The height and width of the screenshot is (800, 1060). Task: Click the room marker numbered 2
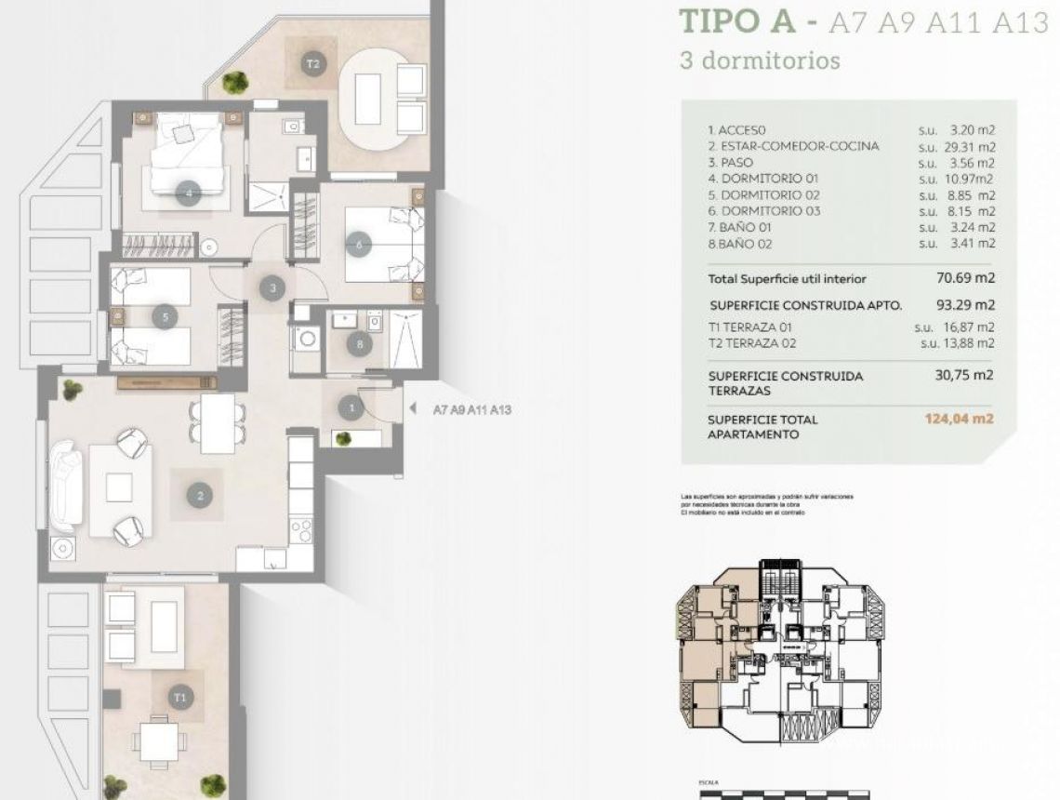coord(200,496)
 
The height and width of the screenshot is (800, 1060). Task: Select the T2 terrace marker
coord(313,64)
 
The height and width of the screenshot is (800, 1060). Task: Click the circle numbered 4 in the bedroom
coord(189,194)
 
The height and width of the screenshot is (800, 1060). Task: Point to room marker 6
coord(358,246)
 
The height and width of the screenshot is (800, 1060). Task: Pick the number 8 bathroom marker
coord(360,343)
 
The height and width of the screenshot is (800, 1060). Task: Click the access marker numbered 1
coord(351,407)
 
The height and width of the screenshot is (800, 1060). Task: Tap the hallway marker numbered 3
coord(272,288)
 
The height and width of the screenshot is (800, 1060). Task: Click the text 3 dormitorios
coord(760,60)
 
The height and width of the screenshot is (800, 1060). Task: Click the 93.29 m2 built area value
coord(964,304)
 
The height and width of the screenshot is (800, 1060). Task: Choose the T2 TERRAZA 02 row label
coord(752,343)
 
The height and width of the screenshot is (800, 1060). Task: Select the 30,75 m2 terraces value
coord(963,376)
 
